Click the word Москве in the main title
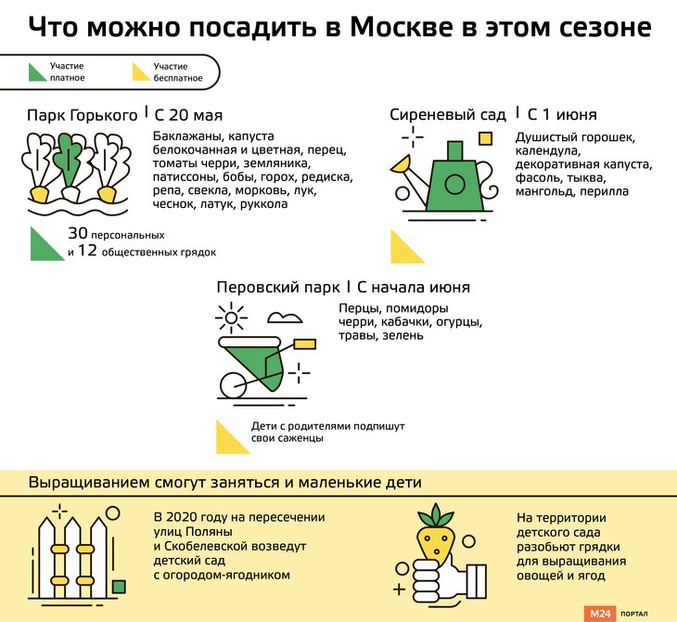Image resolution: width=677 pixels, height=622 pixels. (x=403, y=27)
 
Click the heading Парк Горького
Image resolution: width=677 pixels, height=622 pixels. (x=83, y=115)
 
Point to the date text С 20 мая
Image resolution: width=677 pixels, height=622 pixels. (x=188, y=115)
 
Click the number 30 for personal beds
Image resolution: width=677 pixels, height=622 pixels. (x=77, y=234)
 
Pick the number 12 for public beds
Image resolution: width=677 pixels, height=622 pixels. (x=86, y=251)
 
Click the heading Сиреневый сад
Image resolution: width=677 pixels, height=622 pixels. (x=448, y=115)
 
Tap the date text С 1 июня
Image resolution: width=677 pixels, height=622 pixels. (x=561, y=115)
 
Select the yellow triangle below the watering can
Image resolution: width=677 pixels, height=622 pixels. (x=404, y=248)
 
